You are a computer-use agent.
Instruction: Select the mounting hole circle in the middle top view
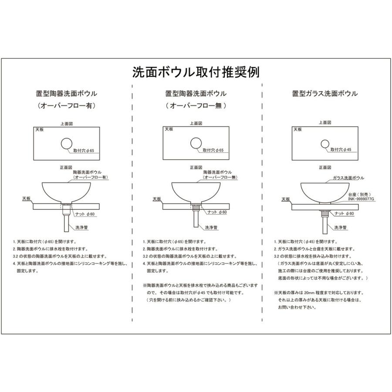[196, 143]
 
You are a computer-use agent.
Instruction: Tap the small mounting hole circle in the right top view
[325, 143]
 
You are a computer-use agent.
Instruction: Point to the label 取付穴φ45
[341, 150]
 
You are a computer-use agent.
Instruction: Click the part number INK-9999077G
[361, 199]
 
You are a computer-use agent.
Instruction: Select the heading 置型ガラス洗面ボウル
[325, 94]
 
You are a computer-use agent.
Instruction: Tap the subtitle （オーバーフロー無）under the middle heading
[196, 106]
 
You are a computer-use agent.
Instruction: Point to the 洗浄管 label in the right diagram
[340, 227]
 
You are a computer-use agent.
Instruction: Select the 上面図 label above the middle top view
[196, 124]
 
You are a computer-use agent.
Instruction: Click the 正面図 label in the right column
[325, 167]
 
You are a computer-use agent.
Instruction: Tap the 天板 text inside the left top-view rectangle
[40, 130]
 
